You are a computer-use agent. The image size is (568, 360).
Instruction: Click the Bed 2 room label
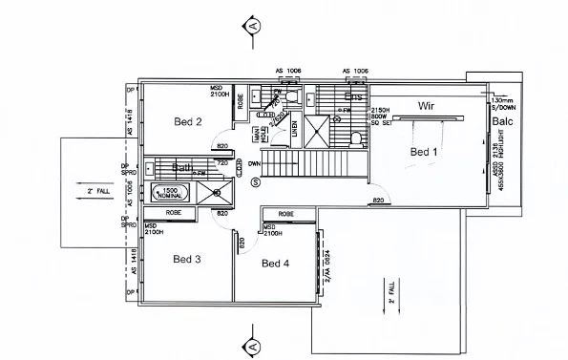(187, 121)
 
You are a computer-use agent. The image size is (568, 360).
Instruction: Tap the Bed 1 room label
(425, 152)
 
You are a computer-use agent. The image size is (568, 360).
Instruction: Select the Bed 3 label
(187, 259)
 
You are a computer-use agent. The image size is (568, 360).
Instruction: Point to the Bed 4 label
(276, 263)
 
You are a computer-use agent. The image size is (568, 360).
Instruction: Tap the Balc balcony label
(502, 122)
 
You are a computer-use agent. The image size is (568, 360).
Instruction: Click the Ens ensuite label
(353, 97)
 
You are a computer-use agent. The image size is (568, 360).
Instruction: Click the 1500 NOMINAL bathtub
(170, 192)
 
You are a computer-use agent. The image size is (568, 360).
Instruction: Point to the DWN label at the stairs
(255, 163)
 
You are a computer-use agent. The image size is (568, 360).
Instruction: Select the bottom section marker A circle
(252, 341)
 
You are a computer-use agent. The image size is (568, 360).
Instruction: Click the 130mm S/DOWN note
(502, 102)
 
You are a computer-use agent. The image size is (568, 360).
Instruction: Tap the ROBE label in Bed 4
(284, 214)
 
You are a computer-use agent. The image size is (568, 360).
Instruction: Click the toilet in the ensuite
(355, 138)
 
